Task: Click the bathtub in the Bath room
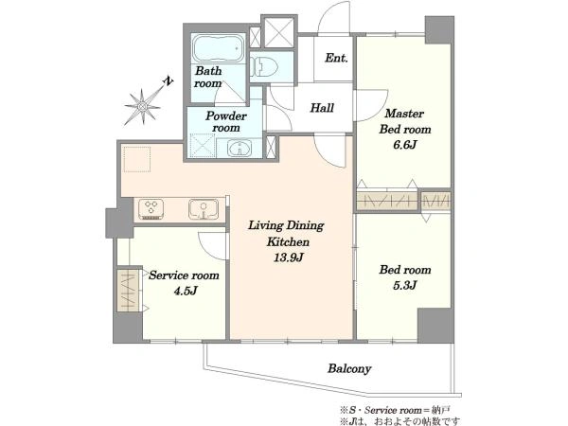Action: coord(219,48)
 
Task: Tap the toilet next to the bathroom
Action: coord(264,66)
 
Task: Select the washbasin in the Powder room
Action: coord(240,149)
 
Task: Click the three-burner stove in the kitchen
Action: coord(151,209)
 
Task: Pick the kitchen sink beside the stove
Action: coord(204,209)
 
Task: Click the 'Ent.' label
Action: coord(336,58)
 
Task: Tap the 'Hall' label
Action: coord(322,108)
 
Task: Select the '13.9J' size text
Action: coord(289,257)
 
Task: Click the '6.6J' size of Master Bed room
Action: coord(404,145)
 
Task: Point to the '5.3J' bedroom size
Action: coord(404,286)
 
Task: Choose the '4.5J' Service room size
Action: coord(186,291)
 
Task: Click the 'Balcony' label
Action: coord(349,369)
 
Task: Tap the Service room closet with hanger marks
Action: coord(128,290)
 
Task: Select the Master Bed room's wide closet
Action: coord(387,201)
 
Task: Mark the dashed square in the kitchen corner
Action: coord(137,159)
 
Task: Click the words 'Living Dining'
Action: coord(286,225)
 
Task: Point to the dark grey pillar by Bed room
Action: coord(435,326)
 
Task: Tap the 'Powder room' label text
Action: coord(226,122)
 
